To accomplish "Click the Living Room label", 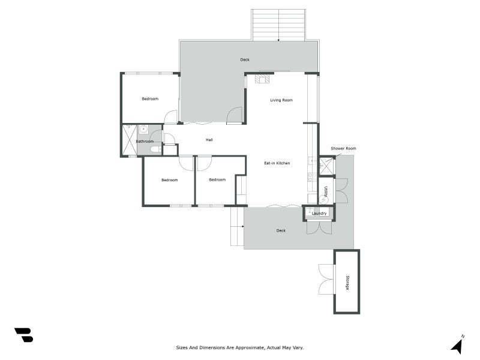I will pos(281,100).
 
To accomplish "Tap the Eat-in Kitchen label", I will pos(277,163).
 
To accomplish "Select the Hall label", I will pos(209,140).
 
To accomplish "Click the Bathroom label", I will pos(145,142).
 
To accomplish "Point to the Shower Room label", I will pos(343,148).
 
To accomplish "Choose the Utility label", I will pos(326,191).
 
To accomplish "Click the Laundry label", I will pos(319,213).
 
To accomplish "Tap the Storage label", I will pos(347,283).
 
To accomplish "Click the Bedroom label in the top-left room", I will pos(150,98).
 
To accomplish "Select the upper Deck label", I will pos(245,59).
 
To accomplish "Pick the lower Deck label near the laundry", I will pos(281,230).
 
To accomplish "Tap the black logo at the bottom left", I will pos(23,335).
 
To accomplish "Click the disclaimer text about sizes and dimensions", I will pos(240,347).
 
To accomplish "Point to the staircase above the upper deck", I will pos(278,25).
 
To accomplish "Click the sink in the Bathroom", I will pos(143,129).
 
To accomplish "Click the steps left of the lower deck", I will pos(237,226).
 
